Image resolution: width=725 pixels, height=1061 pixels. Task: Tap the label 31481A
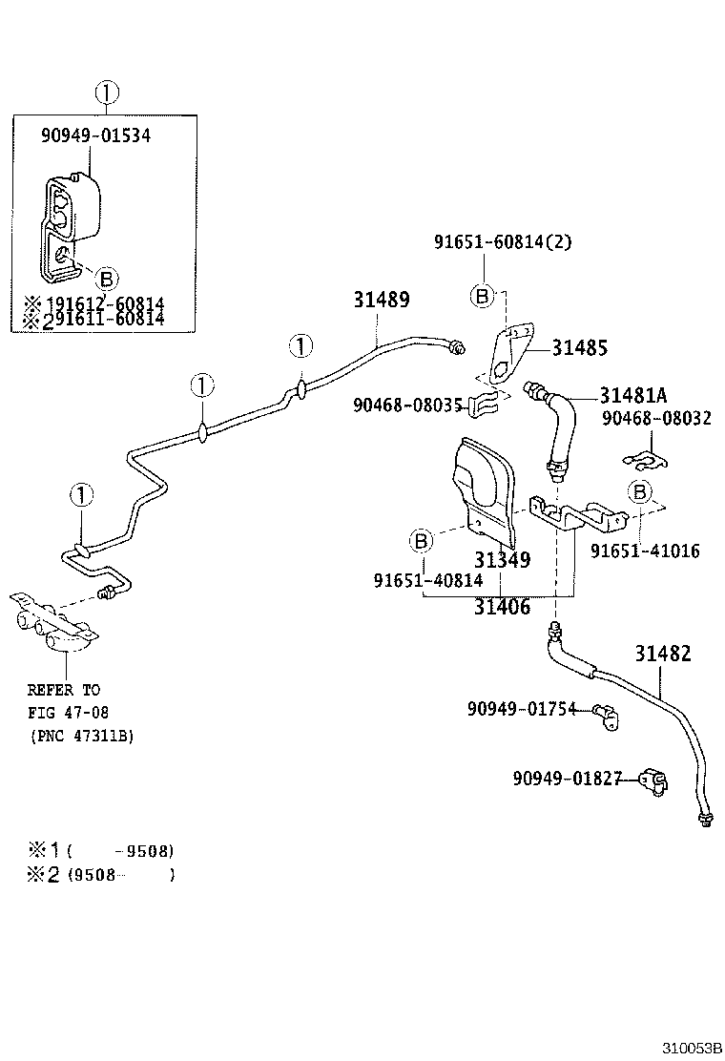(633, 395)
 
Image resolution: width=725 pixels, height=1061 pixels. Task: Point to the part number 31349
(503, 559)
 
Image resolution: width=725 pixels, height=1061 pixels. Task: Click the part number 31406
(503, 606)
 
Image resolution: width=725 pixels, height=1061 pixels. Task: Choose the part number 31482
(663, 654)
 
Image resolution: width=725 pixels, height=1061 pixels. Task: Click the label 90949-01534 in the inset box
(95, 135)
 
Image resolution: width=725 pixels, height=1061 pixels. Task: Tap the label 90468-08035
(407, 405)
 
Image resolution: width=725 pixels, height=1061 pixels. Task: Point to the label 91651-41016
(644, 551)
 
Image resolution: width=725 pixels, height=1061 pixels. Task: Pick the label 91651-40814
(427, 580)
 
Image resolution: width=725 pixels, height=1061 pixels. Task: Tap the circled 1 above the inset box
(108, 93)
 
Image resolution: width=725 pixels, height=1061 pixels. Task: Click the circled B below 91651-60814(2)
(483, 296)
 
